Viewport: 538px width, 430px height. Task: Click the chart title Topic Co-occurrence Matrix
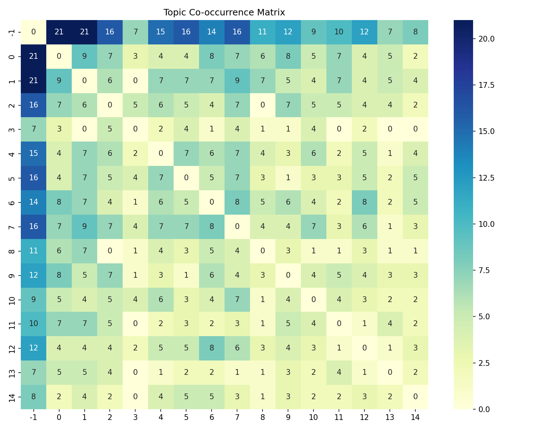click(x=224, y=13)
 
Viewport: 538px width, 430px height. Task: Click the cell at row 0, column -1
click(x=33, y=56)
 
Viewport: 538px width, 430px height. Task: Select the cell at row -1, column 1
click(x=84, y=32)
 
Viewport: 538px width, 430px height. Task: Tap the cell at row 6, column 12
click(x=364, y=202)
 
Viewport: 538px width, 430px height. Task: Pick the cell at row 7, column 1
click(x=84, y=226)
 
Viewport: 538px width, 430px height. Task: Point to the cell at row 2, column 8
click(x=263, y=105)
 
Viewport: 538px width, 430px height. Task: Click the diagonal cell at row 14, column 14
click(x=415, y=396)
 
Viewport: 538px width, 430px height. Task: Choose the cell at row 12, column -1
click(x=33, y=348)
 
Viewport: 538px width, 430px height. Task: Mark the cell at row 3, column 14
click(x=415, y=129)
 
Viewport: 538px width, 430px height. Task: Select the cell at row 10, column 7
click(x=237, y=299)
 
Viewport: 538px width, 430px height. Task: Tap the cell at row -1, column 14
click(x=415, y=32)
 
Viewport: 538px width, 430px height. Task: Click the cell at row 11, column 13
click(x=390, y=323)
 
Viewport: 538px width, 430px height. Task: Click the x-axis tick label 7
click(x=237, y=417)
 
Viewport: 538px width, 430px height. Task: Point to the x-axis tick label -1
click(x=33, y=417)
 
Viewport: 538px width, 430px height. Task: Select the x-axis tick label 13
click(x=390, y=417)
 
